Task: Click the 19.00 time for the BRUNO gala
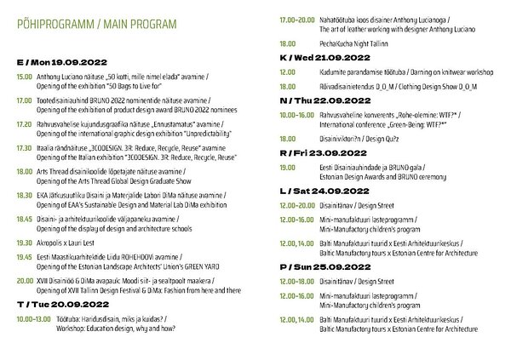(284, 170)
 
